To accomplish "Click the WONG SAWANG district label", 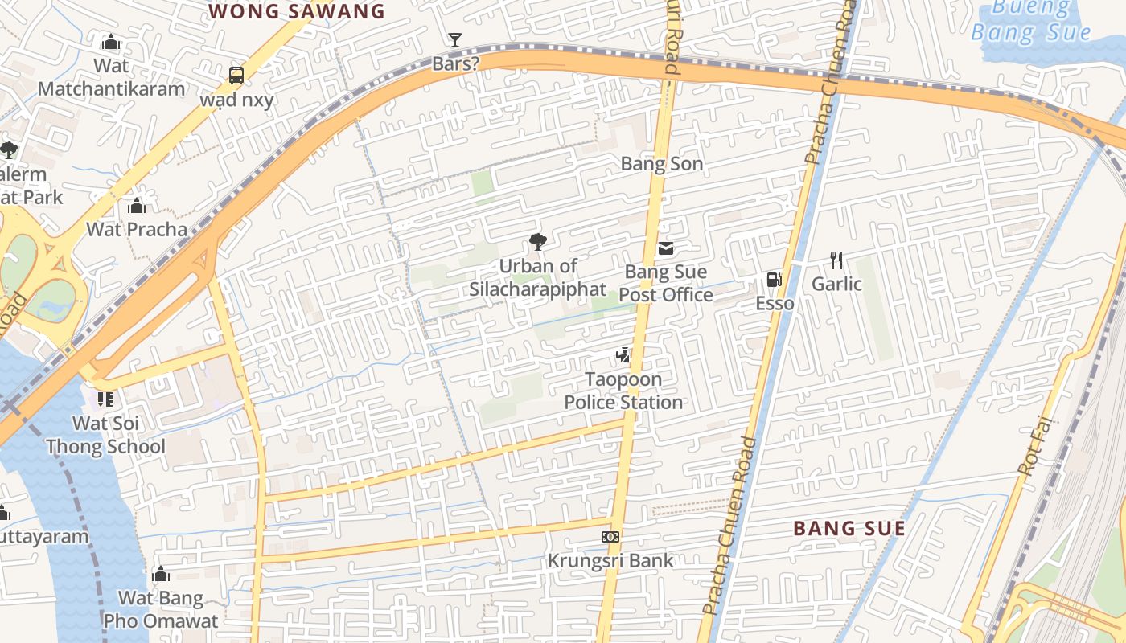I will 297,11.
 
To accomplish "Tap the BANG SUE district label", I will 849,528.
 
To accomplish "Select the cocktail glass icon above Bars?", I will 455,39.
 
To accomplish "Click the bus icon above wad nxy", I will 236,76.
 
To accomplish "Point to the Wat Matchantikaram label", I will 112,77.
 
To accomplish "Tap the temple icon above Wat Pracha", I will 137,207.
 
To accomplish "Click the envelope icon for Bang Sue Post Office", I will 666,248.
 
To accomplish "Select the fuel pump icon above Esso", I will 774,280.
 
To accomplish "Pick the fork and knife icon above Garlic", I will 836,260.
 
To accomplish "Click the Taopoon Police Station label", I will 623,391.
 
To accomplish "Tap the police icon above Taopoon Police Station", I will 623,354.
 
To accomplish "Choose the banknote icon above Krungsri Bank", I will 610,536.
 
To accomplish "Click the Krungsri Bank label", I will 610,560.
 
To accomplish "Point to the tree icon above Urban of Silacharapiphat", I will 537,242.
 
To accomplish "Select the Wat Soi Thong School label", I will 105,435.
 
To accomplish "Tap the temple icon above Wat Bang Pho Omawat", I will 161,574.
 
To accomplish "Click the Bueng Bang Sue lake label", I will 1030,21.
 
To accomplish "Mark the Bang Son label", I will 662,164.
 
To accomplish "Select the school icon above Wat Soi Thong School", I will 105,399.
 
